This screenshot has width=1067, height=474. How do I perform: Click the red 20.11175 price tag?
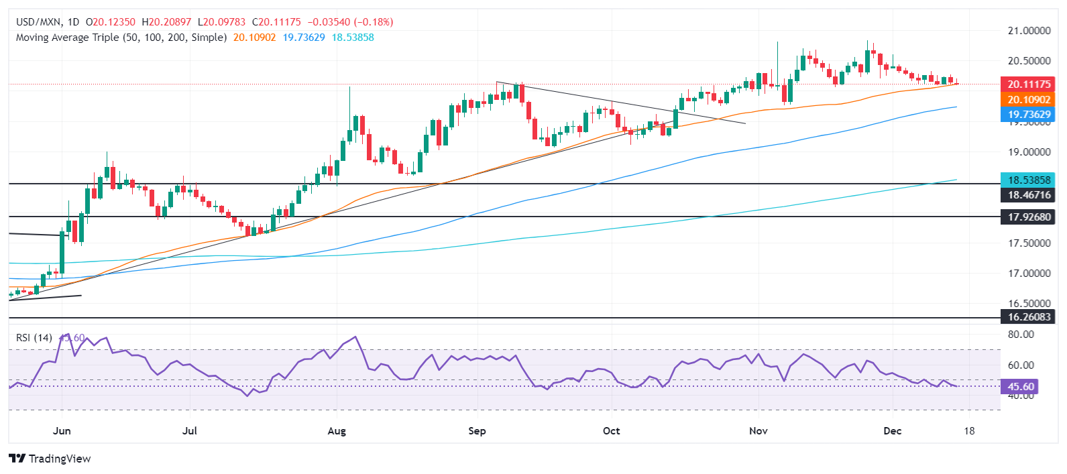(1027, 84)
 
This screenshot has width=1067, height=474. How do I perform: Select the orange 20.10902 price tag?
(1027, 100)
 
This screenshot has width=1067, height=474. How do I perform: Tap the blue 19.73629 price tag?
(1027, 115)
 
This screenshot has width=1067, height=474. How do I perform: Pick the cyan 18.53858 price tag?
(1027, 180)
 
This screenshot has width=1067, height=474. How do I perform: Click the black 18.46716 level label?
(1027, 195)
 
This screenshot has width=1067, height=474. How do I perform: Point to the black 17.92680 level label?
(1027, 217)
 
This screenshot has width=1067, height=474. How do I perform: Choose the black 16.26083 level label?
(1027, 316)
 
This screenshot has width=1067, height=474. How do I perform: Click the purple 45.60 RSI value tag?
(1020, 387)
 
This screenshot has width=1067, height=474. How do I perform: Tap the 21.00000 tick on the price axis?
(1029, 31)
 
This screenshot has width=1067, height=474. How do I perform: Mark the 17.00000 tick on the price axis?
(1029, 274)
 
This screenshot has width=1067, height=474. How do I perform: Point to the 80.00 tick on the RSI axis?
(1020, 335)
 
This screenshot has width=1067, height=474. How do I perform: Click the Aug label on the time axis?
(337, 430)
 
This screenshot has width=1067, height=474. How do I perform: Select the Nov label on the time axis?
(759, 430)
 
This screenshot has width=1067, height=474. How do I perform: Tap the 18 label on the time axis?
(969, 430)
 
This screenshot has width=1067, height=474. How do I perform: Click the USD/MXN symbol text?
(38, 22)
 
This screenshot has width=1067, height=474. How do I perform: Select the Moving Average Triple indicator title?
(121, 38)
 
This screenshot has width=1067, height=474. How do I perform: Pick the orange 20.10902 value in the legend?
(254, 38)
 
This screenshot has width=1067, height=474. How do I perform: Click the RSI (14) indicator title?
(34, 338)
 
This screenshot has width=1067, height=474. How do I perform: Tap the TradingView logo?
(50, 459)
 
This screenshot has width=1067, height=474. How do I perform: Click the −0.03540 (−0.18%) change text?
(350, 22)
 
